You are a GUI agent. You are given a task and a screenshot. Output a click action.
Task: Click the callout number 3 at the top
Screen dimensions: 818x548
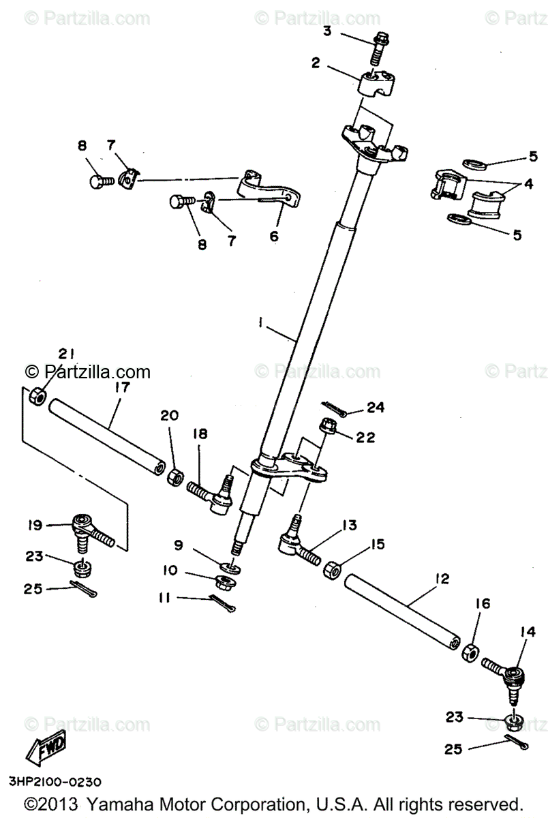point(327,31)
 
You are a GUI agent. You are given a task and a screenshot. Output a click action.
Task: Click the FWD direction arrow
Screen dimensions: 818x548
point(46,751)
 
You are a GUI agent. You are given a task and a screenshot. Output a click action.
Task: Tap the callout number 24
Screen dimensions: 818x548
point(376,408)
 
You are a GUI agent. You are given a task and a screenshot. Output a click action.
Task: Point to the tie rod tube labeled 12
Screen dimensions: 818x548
point(401,611)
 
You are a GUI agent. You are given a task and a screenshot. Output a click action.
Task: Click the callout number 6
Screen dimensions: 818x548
point(273,237)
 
